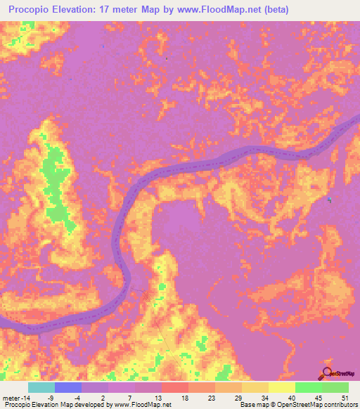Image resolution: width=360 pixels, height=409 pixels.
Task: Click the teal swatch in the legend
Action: coord(41,387)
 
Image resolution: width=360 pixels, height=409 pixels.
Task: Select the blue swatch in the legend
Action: coord(68,387)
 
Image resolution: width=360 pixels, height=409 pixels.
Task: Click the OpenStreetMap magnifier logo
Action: coord(327,373)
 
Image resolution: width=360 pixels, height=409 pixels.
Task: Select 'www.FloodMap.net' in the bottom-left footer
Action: coord(141,405)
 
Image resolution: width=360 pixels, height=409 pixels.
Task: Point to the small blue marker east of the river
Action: coord(330,200)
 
